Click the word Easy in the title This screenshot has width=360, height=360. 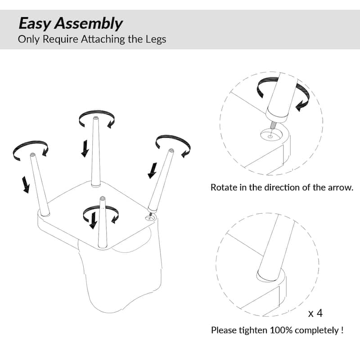coord(35,24)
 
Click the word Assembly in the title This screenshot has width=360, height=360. coord(89,24)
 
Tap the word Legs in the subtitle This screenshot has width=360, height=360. coord(156,40)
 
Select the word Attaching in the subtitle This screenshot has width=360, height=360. coord(103,40)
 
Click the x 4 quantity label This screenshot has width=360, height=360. coord(315,313)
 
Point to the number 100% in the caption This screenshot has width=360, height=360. coord(281,330)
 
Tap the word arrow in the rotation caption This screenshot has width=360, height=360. coord(341,188)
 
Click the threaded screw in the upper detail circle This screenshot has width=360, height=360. coord(273,125)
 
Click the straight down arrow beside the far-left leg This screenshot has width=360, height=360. coord(26,184)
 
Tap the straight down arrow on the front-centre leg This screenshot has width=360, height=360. coord(93,220)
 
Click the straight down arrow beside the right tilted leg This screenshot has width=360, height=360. coord(152,171)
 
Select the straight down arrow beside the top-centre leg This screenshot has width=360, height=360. coord(85,148)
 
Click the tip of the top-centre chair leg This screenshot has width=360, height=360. coord(96,118)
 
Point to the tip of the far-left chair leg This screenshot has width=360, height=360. coord(32,154)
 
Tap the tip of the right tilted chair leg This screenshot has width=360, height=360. coord(171,150)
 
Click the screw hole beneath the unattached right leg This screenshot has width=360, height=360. coord(150,218)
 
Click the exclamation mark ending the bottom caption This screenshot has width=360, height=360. coord(342,330)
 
